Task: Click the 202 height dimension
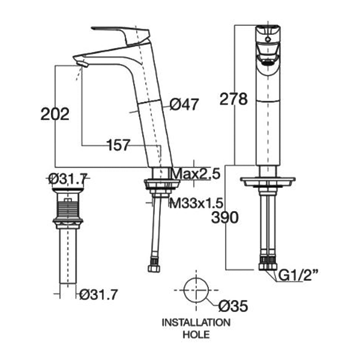point(55,114)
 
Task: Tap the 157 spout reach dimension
point(119,145)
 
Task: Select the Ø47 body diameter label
point(184,104)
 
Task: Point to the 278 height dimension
point(233,99)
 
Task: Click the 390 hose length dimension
point(225,217)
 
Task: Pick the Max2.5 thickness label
point(196,174)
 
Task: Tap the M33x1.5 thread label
point(196,203)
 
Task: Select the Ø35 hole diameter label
point(233,306)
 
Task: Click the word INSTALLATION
point(196,323)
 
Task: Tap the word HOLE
point(196,335)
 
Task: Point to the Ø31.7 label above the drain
point(68,179)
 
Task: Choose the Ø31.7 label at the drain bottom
point(98,294)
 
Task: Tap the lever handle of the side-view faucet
point(121,34)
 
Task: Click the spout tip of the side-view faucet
point(81,62)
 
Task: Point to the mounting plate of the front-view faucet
point(268,182)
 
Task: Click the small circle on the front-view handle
point(268,39)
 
